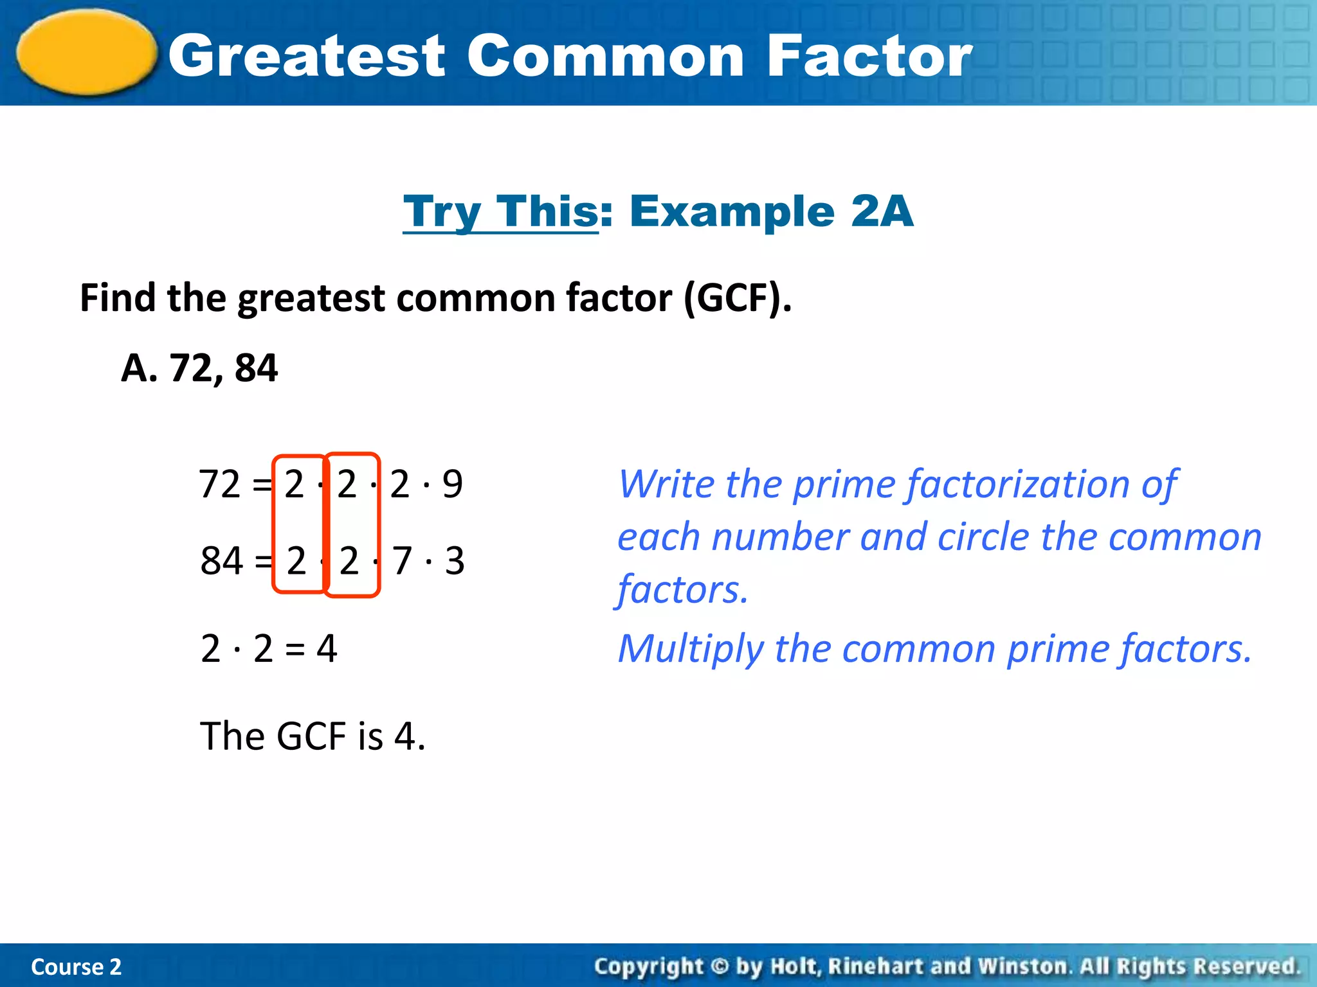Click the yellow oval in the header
coord(87,53)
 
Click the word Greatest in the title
coord(307,57)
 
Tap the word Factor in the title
coord(869,57)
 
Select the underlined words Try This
coord(501,211)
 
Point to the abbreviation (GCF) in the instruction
coord(737,299)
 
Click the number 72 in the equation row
coord(220,484)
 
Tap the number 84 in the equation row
coord(222,560)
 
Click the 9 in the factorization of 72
coord(452,484)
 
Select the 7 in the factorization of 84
coord(402,560)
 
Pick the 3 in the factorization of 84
coord(455,560)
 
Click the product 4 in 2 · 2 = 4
coord(327,648)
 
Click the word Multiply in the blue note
coord(690,649)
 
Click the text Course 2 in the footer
coord(76,966)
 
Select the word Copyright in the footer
coord(649,966)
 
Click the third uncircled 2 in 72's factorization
coord(400,484)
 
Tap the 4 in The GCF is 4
coord(404,736)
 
